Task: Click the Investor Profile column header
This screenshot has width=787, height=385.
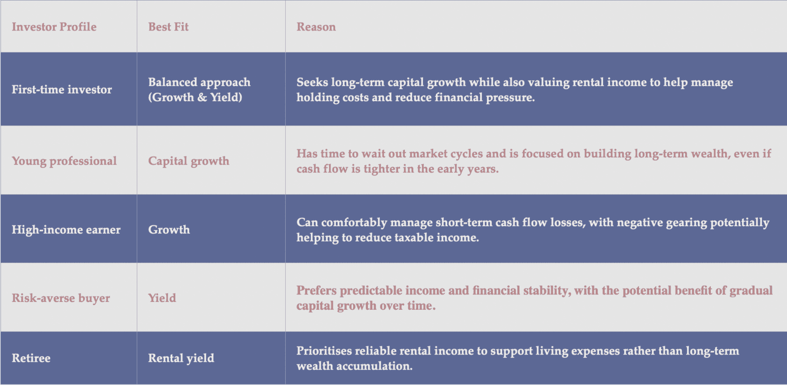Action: point(54,27)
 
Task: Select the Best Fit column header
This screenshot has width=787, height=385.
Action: point(168,27)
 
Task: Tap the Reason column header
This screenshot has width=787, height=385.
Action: point(316,27)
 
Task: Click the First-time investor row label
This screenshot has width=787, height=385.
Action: point(61,89)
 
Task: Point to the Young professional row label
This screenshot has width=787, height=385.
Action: point(64,161)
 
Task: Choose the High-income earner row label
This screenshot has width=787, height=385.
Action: point(66,230)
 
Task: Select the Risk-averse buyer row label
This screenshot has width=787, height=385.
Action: point(61,298)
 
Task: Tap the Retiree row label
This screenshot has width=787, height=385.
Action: point(31,358)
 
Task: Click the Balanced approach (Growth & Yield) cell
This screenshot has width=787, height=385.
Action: point(199,89)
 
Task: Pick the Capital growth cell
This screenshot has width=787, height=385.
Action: point(188,161)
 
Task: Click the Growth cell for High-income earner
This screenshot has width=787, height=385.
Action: point(169,230)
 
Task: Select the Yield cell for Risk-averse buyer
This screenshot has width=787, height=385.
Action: point(162,298)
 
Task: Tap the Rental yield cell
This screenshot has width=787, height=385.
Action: point(181,358)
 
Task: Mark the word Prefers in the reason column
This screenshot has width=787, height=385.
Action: point(316,291)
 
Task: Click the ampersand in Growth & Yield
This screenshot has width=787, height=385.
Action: point(202,97)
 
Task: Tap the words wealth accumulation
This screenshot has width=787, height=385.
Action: point(354,366)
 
